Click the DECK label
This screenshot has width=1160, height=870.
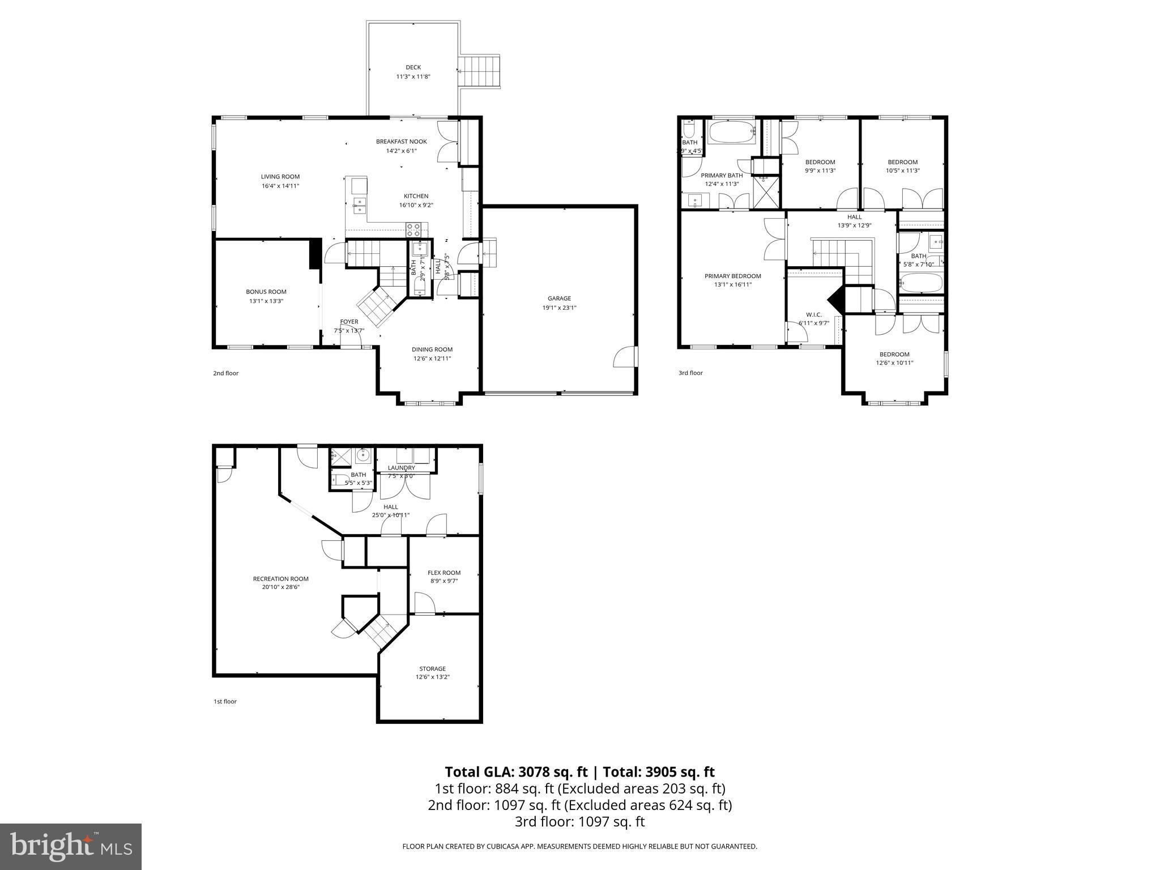[x=413, y=67]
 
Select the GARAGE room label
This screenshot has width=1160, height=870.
[x=559, y=298]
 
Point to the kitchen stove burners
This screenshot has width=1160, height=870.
[x=413, y=229]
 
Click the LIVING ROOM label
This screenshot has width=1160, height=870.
[x=280, y=177]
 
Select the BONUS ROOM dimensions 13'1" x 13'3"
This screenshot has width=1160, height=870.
[x=266, y=301]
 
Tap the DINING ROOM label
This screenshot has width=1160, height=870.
[x=432, y=349]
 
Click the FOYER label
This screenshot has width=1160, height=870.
[x=349, y=322]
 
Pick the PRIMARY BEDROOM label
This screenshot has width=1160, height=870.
[x=732, y=276]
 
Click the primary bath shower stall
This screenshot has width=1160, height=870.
[x=765, y=192]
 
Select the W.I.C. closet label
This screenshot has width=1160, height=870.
[x=813, y=315]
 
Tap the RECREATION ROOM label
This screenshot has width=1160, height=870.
[x=280, y=579]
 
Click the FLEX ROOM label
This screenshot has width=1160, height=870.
[x=444, y=573]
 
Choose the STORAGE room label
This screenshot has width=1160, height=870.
[x=432, y=669]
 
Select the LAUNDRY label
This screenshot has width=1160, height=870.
[x=401, y=468]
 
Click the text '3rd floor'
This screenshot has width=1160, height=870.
[x=690, y=373]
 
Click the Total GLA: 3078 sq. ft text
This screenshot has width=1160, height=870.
[x=517, y=772]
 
